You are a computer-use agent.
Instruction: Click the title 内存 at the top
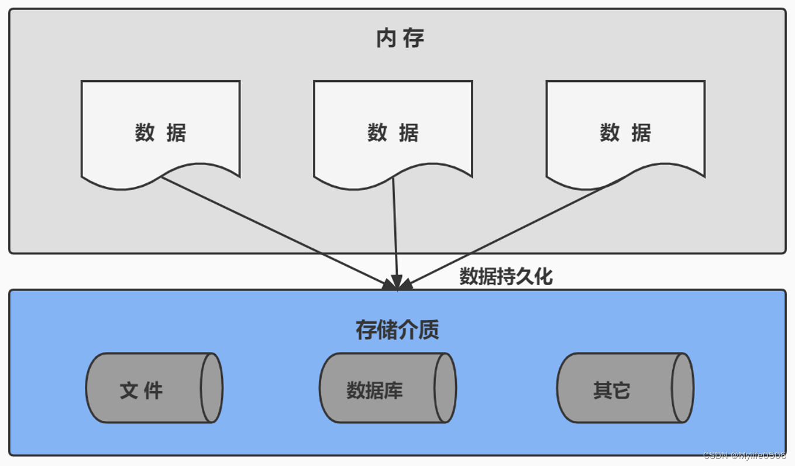tap(400, 39)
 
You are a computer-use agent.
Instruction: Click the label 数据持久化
tap(505, 276)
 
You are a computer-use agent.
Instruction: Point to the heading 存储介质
tap(397, 330)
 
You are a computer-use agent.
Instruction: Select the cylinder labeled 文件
tap(154, 388)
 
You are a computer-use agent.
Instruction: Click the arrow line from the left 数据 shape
tap(275, 231)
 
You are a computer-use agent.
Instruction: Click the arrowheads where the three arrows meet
tap(398, 284)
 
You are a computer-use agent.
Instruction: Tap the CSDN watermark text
tap(744, 455)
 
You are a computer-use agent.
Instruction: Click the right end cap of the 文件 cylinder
tap(211, 388)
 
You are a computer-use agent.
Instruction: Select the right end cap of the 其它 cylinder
tap(682, 388)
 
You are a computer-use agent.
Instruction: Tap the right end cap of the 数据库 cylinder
tap(445, 388)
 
